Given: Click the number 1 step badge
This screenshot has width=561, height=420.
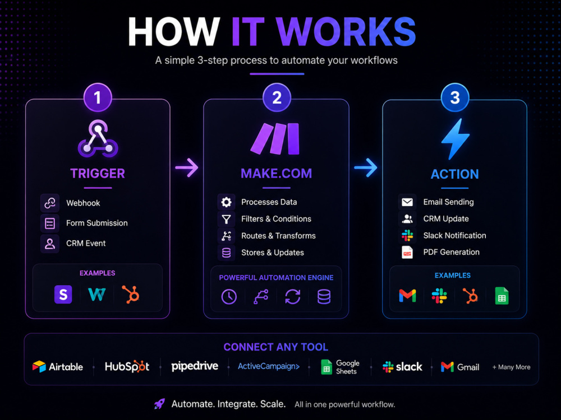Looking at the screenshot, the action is pyautogui.click(x=98, y=97).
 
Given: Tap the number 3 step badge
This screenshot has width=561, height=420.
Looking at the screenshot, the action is pyautogui.click(x=455, y=97).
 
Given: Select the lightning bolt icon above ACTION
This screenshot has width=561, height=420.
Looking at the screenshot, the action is pyautogui.click(x=455, y=138).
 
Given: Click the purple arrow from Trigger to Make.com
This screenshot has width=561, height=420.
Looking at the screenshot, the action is pyautogui.click(x=186, y=167).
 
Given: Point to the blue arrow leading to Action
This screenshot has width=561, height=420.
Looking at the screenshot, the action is pyautogui.click(x=365, y=167).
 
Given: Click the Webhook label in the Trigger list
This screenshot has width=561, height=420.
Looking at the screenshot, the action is pyautogui.click(x=83, y=203).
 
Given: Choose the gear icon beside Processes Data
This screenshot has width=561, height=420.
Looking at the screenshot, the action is pyautogui.click(x=226, y=202).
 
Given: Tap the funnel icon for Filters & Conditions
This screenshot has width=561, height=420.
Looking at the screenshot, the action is pyautogui.click(x=226, y=219).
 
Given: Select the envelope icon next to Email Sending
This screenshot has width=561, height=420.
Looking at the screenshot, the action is pyautogui.click(x=407, y=202).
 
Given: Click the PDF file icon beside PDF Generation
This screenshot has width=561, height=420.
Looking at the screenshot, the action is pyautogui.click(x=407, y=252).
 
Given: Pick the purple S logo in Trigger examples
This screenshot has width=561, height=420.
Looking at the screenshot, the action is pyautogui.click(x=63, y=295).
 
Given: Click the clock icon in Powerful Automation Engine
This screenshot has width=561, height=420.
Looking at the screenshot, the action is pyautogui.click(x=229, y=297).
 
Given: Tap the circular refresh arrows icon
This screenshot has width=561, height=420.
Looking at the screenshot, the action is pyautogui.click(x=293, y=297).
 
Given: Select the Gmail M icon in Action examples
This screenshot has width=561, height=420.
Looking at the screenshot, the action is pyautogui.click(x=407, y=296).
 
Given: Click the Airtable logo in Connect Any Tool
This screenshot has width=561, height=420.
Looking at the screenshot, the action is pyautogui.click(x=58, y=367).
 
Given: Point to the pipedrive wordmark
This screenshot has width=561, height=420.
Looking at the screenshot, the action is pyautogui.click(x=195, y=366).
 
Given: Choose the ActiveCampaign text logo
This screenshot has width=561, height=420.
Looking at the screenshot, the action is pyautogui.click(x=269, y=366).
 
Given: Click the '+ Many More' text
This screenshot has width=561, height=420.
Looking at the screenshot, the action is pyautogui.click(x=511, y=367).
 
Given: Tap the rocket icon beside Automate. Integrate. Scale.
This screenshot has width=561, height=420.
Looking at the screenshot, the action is pyautogui.click(x=159, y=404).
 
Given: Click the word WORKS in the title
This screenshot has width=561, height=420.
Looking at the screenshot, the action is pyautogui.click(x=346, y=31).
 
